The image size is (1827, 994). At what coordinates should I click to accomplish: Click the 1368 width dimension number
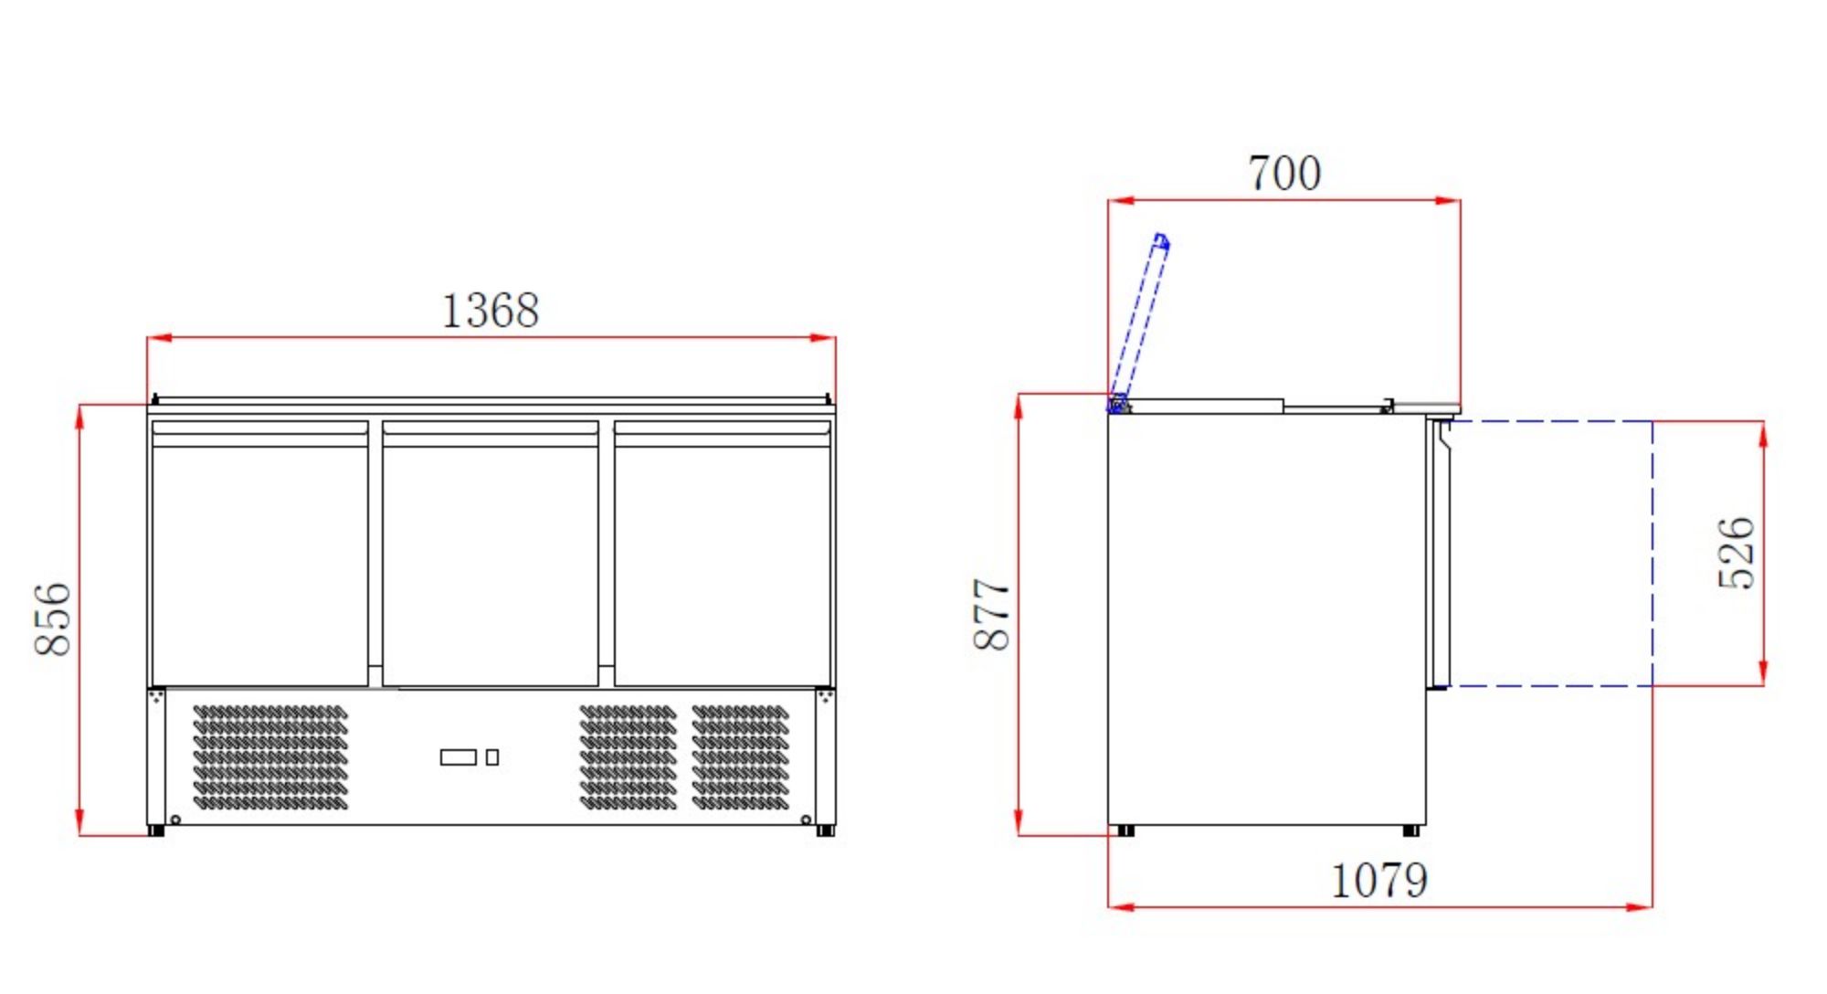491,311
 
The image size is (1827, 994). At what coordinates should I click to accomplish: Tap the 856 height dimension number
53,619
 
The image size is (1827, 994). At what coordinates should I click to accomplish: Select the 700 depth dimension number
1284,174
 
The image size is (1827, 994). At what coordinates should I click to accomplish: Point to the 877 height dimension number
992,614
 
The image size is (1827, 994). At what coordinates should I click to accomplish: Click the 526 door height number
1736,553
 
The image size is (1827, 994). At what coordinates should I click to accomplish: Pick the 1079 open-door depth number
1378,881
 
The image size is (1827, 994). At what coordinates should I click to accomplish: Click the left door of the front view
260,557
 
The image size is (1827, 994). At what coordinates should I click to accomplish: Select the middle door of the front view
491,557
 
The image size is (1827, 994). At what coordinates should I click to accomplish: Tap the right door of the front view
723,557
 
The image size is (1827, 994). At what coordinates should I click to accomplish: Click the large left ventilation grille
270,757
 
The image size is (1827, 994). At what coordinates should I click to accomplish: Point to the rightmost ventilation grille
740,757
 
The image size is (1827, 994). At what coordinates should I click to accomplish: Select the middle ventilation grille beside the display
628,757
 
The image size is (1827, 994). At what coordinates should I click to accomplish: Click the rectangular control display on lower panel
458,757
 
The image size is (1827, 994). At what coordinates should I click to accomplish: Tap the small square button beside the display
492,757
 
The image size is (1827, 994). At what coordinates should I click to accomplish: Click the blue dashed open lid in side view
1140,320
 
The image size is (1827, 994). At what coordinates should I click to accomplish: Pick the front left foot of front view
156,830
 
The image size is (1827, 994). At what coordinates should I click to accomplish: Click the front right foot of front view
825,830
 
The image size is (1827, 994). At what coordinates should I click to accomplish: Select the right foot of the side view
1411,830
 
